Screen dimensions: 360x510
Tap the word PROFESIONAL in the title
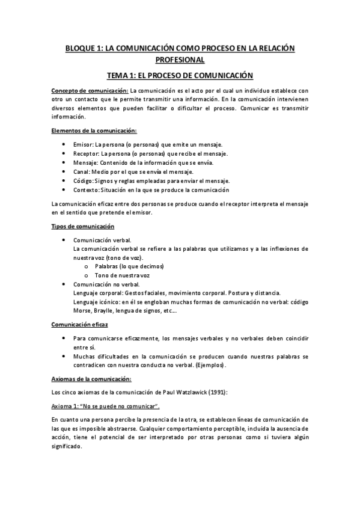180,60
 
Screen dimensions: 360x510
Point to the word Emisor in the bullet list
82,145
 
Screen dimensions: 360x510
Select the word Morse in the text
82,311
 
